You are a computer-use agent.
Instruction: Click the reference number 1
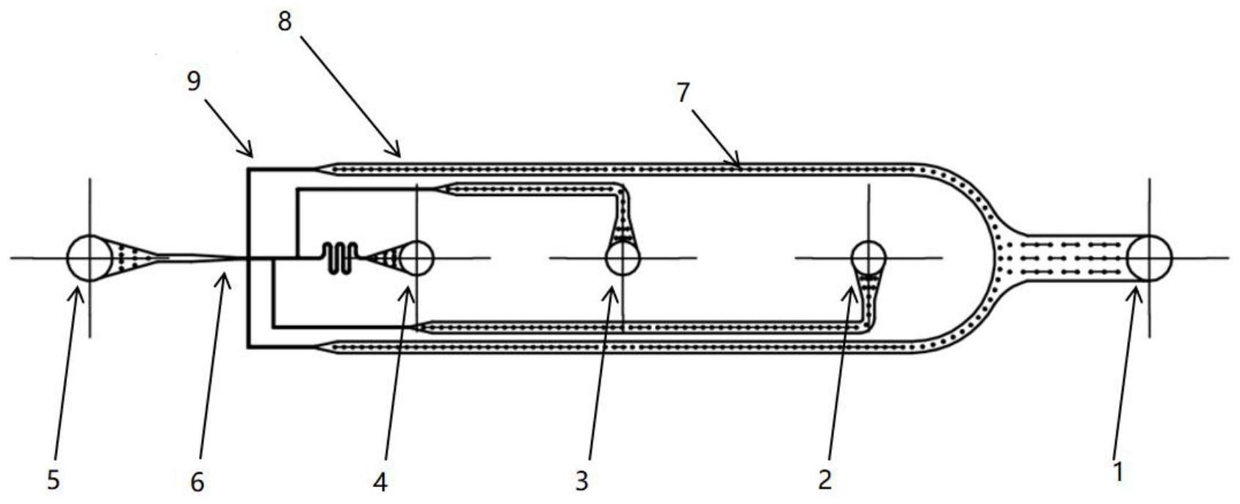point(1119,472)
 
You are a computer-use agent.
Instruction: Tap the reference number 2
point(824,479)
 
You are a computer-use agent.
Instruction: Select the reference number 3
point(581,481)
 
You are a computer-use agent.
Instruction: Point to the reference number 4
point(380,482)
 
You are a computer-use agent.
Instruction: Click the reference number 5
point(53,479)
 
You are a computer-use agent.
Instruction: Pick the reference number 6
point(197,482)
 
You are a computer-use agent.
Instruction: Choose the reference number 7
point(683,92)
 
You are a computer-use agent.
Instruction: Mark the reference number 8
point(285,21)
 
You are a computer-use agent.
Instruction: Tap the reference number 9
point(194,81)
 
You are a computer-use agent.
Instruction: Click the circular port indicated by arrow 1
point(1150,258)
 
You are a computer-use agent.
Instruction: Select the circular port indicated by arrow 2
point(869,258)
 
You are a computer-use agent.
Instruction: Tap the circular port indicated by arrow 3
point(623,258)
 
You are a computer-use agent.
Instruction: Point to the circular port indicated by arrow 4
point(416,258)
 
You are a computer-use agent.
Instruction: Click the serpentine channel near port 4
point(340,258)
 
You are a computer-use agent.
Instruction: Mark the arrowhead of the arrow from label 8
point(394,150)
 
